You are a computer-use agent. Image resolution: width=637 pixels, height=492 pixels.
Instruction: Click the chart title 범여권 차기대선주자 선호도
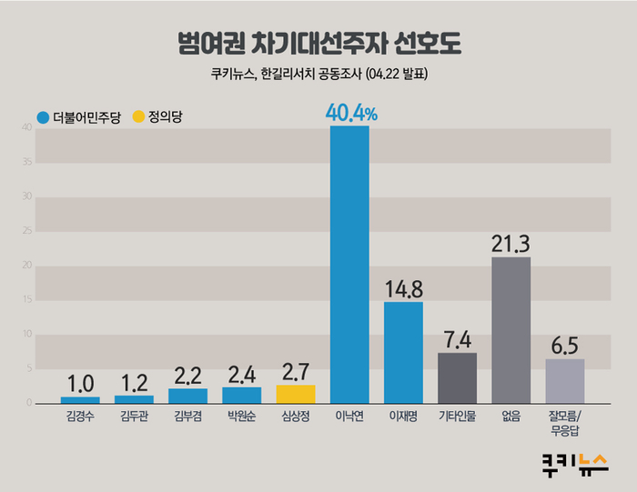[318, 43]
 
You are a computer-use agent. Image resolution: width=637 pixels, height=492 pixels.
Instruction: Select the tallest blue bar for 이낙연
[349, 264]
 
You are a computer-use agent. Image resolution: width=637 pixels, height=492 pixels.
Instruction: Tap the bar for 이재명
[403, 352]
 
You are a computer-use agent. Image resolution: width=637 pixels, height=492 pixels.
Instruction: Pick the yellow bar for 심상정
[296, 394]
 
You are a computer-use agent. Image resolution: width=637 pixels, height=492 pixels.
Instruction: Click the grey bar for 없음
[511, 329]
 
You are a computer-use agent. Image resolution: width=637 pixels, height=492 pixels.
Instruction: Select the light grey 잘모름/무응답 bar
[565, 380]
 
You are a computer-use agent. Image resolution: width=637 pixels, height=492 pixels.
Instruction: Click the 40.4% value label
[350, 113]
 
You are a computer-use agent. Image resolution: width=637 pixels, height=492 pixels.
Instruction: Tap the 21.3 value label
[511, 243]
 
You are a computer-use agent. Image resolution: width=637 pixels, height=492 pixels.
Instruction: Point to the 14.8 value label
[403, 288]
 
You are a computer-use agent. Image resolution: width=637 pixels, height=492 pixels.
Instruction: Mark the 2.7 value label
[296, 371]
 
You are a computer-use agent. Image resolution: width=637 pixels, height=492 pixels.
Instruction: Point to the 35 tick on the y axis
[28, 163]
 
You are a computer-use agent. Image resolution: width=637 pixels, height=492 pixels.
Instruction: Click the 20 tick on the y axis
[28, 266]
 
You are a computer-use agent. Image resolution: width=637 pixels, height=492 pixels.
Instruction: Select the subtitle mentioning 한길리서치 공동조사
[318, 76]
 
